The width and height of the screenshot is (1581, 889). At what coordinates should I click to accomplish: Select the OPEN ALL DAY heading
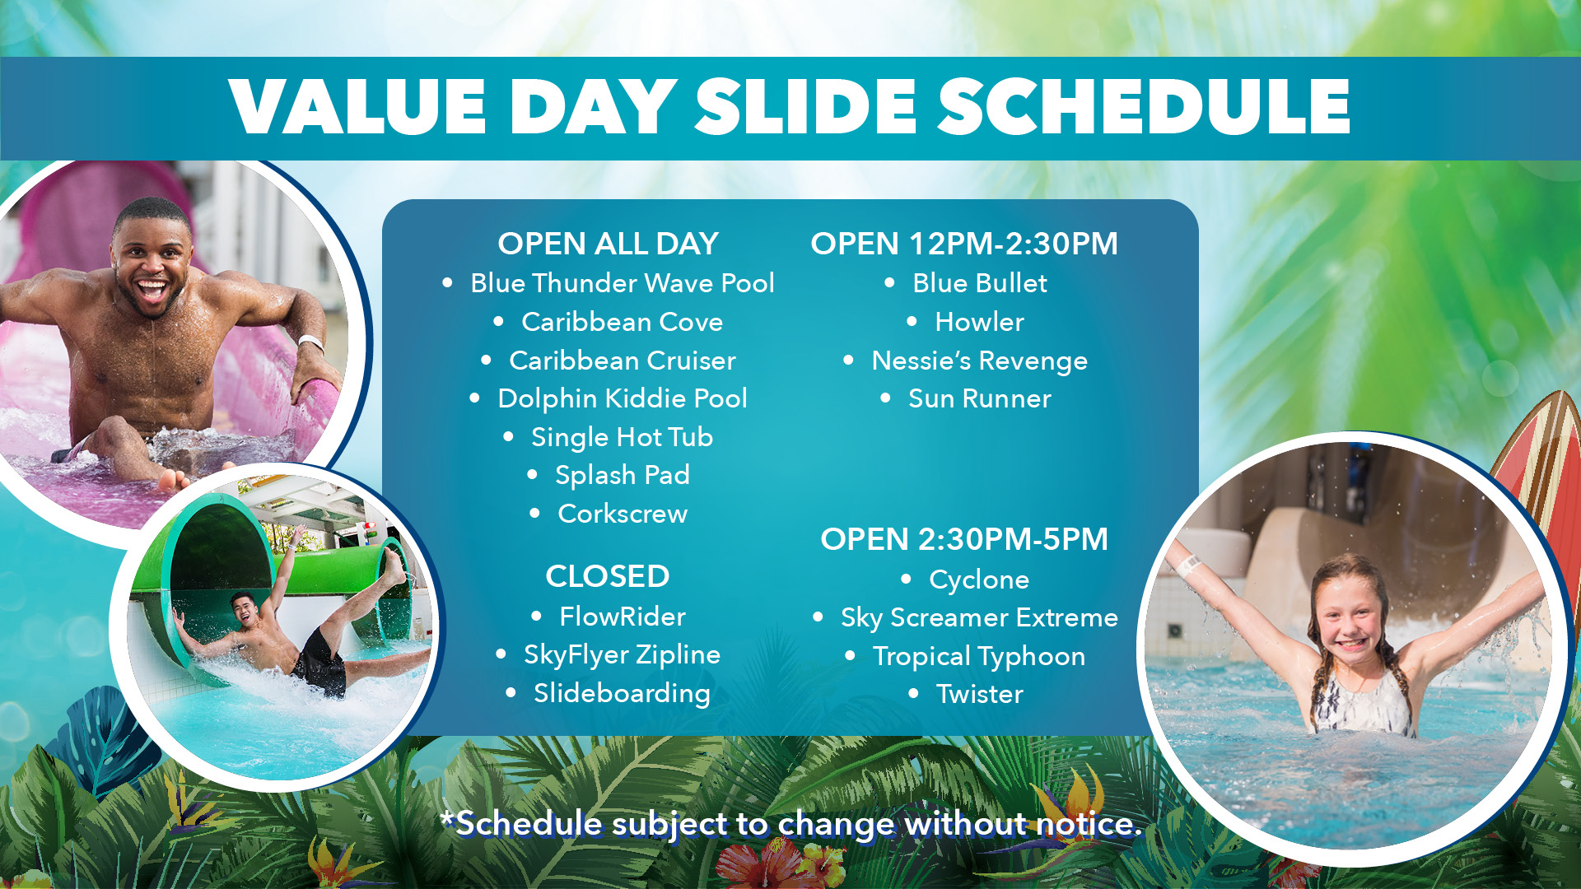(608, 244)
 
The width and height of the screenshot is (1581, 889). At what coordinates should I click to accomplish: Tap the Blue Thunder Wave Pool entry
(623, 283)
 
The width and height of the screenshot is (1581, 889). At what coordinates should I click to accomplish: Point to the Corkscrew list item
(623, 514)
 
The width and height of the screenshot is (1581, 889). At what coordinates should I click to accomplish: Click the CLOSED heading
(608, 576)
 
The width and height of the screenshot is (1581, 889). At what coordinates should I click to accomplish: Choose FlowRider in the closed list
(623, 617)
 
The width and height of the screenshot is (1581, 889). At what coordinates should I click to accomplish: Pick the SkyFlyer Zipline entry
(623, 655)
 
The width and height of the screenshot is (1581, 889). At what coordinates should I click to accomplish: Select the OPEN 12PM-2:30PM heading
(964, 244)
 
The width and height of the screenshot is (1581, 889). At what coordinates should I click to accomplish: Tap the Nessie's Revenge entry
(980, 361)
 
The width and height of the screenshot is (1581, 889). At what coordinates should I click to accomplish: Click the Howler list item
(980, 322)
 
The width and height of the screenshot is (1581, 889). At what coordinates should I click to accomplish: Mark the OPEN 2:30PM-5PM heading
(964, 539)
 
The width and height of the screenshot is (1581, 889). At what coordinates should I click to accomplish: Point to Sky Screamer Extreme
(980, 618)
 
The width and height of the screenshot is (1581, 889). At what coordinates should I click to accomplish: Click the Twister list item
(980, 694)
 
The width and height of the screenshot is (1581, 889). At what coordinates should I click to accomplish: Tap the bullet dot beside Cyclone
(907, 579)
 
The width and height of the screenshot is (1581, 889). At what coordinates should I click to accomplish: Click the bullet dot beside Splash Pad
(532, 475)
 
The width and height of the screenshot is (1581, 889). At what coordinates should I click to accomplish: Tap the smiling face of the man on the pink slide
(152, 263)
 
